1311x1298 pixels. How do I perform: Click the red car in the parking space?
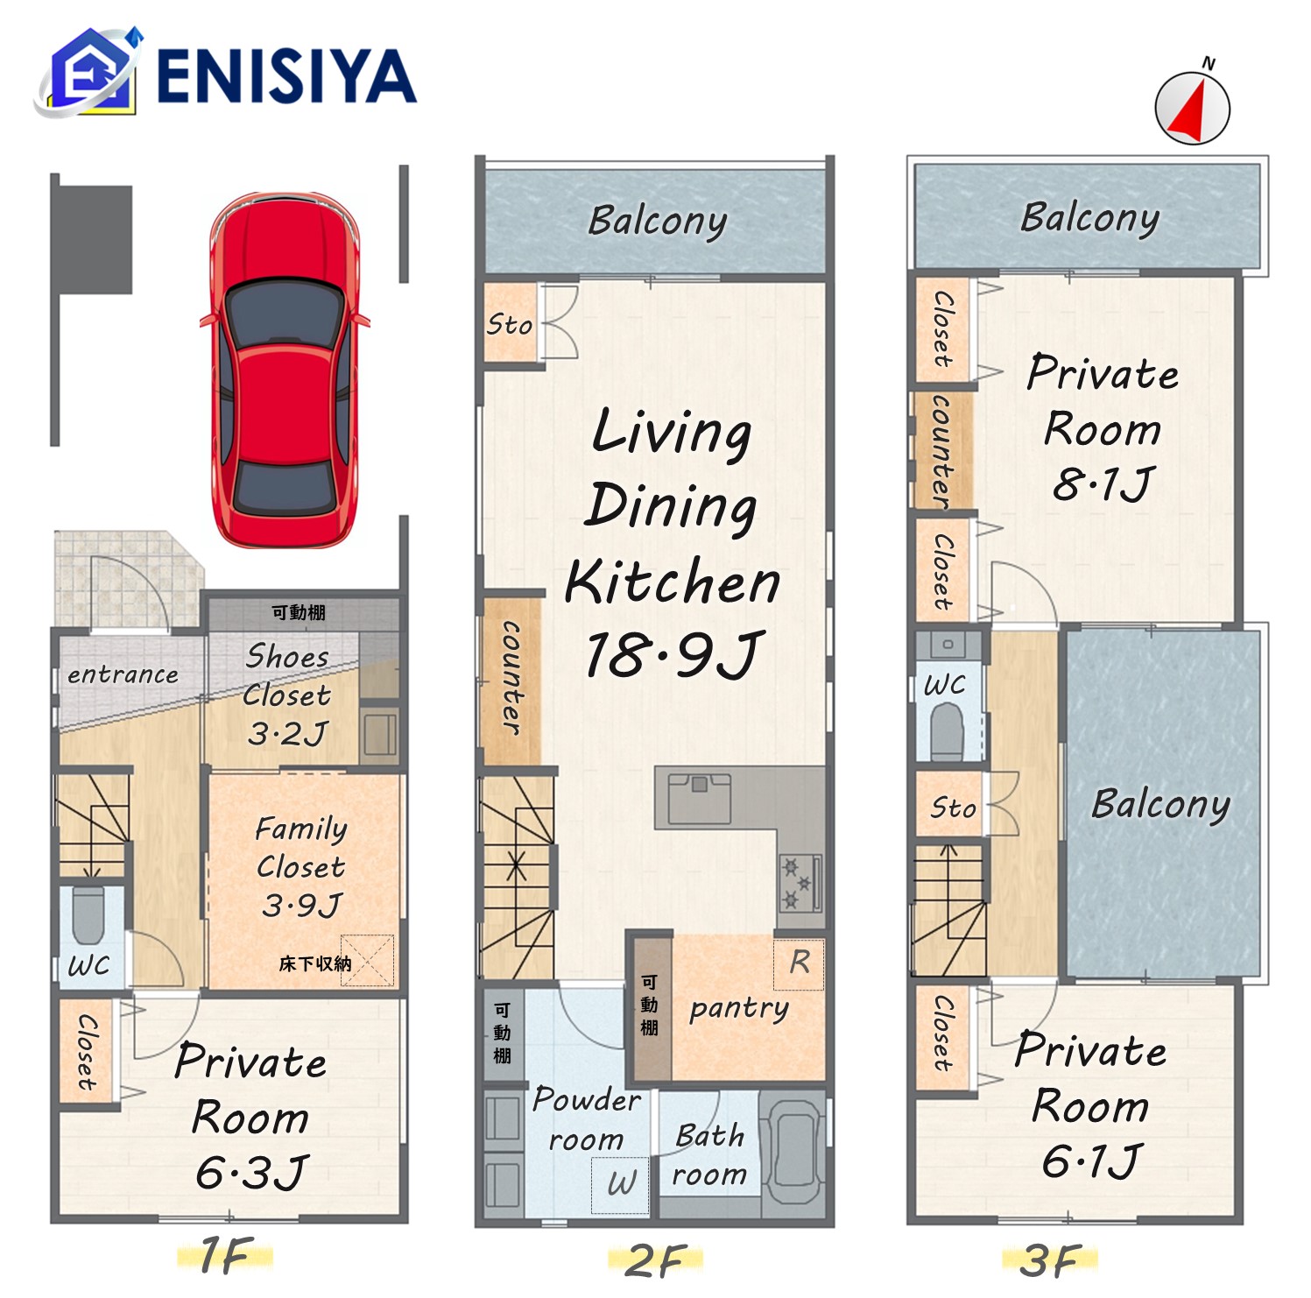285,370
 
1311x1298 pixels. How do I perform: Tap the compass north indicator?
1193,107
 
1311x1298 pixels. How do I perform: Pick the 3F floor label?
1050,1260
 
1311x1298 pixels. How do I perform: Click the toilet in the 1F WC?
88,915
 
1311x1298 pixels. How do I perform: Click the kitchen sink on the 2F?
699,798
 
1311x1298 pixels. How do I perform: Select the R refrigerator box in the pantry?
799,963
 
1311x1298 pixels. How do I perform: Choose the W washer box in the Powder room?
621,1184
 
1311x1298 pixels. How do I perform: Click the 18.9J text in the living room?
673,655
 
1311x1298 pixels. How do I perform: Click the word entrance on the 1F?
123,674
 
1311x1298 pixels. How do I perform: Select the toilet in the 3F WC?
948,731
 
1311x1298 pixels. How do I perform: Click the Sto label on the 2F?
510,325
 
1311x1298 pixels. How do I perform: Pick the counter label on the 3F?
942,450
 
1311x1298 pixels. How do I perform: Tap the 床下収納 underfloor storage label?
315,963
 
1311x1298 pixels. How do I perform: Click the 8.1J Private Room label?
1103,484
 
